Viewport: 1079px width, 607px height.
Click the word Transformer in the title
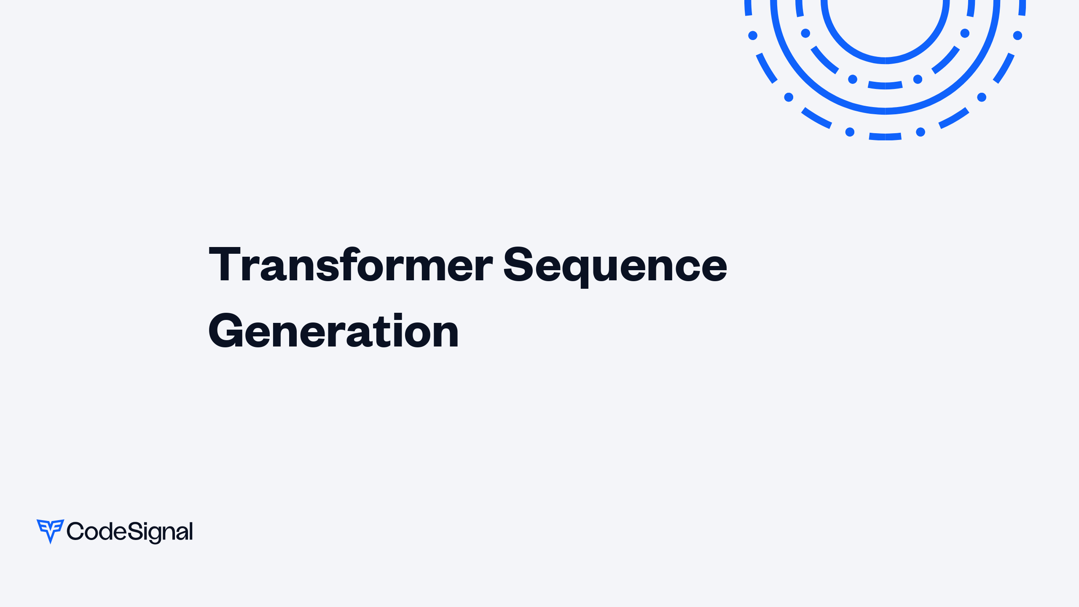pos(351,264)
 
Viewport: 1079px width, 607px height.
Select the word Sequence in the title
pos(615,266)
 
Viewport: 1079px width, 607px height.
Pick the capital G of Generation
pos(226,331)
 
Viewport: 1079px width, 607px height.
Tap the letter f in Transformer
pos(351,263)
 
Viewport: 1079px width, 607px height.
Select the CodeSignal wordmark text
pos(130,532)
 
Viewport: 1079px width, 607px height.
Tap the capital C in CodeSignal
pos(75,531)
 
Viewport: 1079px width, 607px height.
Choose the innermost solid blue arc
pos(885,61)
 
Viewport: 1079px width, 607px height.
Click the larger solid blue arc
pos(885,111)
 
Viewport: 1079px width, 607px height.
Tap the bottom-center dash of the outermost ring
pos(885,137)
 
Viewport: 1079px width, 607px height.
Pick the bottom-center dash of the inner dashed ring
pos(885,86)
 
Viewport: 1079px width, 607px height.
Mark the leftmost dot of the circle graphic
pos(753,35)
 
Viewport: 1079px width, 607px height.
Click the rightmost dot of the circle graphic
pos(1017,35)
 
